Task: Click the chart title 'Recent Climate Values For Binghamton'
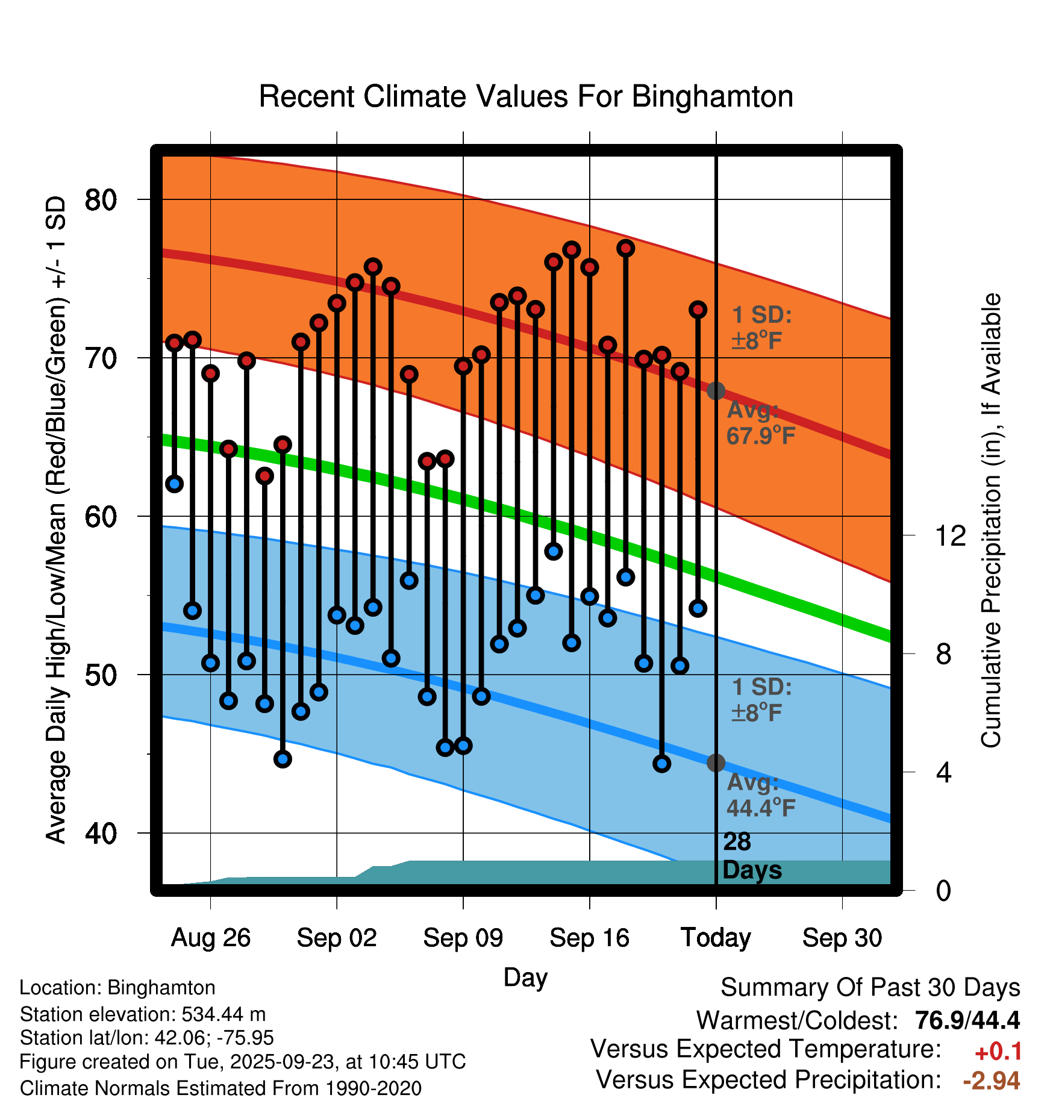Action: pos(526,97)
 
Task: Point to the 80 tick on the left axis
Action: pos(101,200)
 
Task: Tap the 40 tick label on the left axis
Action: pos(101,834)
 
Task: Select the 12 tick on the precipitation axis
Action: pos(951,535)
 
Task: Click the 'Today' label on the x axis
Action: pos(716,938)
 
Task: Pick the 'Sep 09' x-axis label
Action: pos(463,938)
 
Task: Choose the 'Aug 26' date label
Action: pos(210,938)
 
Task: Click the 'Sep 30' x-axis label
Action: pos(842,938)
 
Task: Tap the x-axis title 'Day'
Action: pos(525,978)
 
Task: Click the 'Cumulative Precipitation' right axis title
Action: pos(991,520)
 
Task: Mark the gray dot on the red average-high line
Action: pos(716,391)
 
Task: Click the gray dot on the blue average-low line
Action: pos(716,763)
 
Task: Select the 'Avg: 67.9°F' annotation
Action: pos(760,423)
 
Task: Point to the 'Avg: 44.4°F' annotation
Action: pos(760,795)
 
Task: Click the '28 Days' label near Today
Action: pos(751,856)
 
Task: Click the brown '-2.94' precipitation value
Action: pos(992,1081)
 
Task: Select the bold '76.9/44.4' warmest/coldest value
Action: pos(967,1020)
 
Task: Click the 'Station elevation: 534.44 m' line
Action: pos(143,1014)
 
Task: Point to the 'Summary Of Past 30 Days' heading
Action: pos(870,988)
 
